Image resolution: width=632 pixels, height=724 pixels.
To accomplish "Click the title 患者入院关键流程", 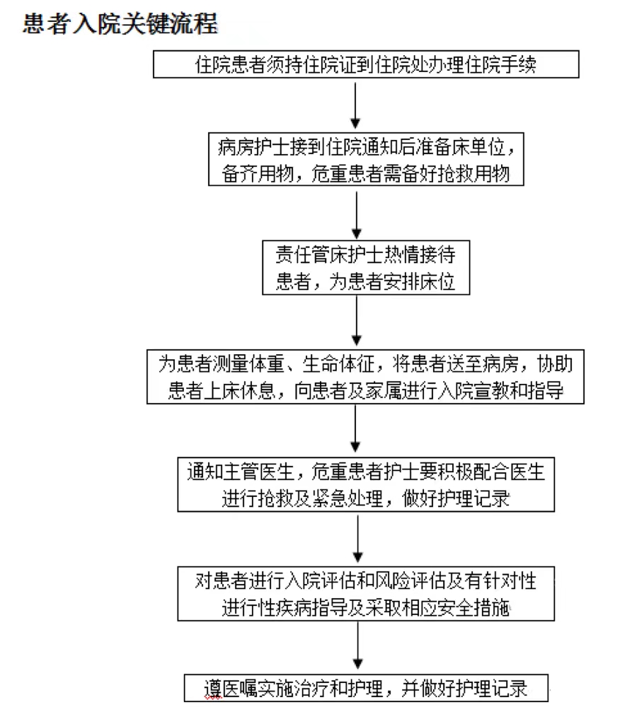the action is click(120, 24).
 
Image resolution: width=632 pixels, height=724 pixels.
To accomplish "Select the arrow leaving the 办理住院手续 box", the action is click(355, 105).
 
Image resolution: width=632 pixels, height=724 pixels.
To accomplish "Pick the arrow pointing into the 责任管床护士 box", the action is click(357, 215).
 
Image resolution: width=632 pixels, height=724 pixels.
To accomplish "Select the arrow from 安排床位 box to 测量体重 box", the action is click(357, 320).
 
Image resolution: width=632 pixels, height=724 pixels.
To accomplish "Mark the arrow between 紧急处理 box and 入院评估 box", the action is click(358, 539).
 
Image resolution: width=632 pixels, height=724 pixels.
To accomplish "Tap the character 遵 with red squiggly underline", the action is click(213, 689).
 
